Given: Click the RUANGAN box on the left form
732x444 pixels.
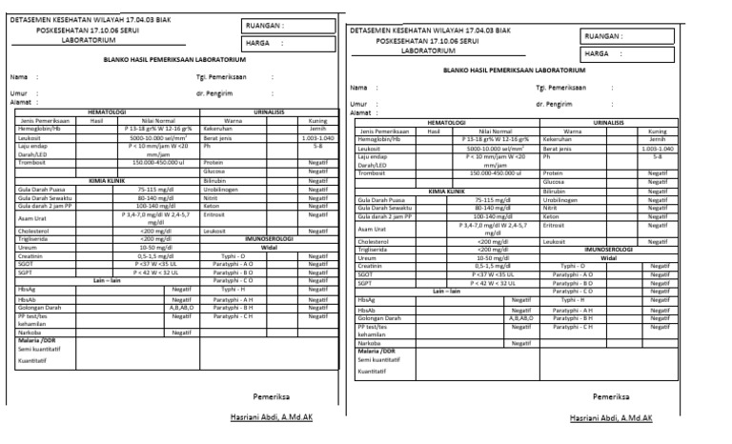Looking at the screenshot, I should pyautogui.click(x=281, y=26).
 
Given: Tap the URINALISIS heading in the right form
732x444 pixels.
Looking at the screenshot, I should pyautogui.click(x=609, y=122).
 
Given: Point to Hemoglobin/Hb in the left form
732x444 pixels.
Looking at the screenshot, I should pyautogui.click(x=39, y=129).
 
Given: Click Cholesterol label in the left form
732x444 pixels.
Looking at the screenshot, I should pyautogui.click(x=33, y=230).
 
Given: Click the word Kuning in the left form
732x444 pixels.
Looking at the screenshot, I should pyautogui.click(x=317, y=120).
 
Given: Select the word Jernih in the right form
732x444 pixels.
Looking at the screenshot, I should pyautogui.click(x=657, y=139).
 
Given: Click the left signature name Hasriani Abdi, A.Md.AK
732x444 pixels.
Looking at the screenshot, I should pyautogui.click(x=271, y=416).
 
